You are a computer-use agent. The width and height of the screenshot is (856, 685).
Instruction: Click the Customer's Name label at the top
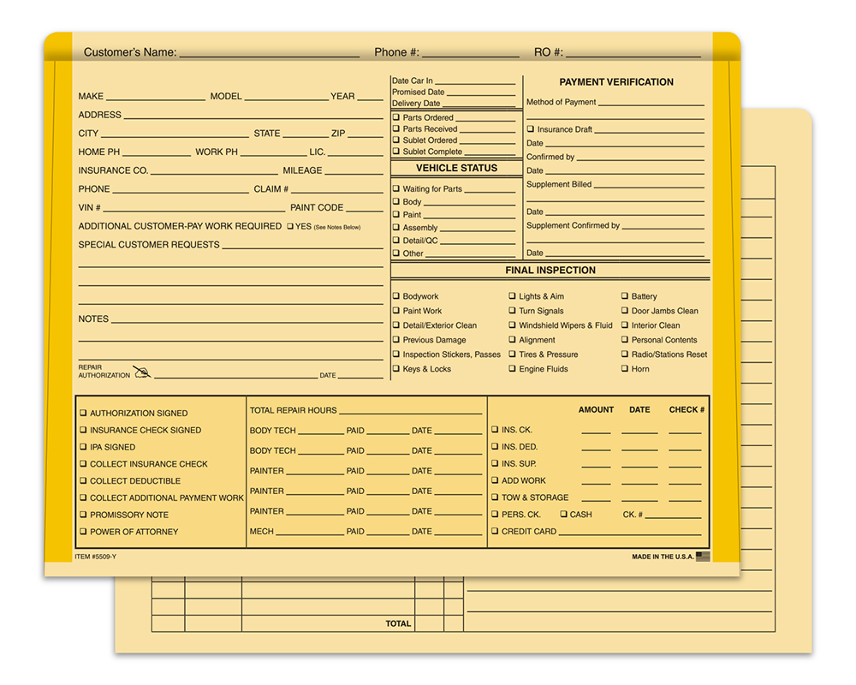130,52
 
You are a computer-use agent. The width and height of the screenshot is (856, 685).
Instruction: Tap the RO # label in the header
549,52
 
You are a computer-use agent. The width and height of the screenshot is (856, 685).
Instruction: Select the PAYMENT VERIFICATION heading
616,82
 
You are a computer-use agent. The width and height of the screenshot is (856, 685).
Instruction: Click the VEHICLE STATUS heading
456,169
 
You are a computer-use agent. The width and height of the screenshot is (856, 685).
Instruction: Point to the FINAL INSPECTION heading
550,271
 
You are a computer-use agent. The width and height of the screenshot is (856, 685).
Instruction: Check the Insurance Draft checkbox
531,129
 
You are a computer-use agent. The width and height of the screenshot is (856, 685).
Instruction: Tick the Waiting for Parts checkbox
396,188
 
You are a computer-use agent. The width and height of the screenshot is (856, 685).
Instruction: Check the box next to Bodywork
396,296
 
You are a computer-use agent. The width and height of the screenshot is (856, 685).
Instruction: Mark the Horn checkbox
625,369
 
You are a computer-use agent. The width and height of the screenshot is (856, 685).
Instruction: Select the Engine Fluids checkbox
512,369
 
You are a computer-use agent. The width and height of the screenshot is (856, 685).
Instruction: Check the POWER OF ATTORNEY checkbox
83,532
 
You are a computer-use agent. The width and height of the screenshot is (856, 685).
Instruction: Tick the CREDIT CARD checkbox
495,532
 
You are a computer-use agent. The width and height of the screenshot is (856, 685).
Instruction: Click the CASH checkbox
563,515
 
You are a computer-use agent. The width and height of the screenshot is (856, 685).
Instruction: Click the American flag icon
703,557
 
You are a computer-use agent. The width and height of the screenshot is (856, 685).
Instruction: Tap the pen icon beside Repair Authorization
141,372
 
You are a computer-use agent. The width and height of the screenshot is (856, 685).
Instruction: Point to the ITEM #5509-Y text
94,557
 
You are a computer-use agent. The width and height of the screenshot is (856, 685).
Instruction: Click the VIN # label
89,208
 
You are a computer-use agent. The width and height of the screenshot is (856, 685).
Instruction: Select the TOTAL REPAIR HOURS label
293,411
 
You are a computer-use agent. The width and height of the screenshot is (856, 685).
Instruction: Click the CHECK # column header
687,410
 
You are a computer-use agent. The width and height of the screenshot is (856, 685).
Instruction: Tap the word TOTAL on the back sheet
398,624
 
